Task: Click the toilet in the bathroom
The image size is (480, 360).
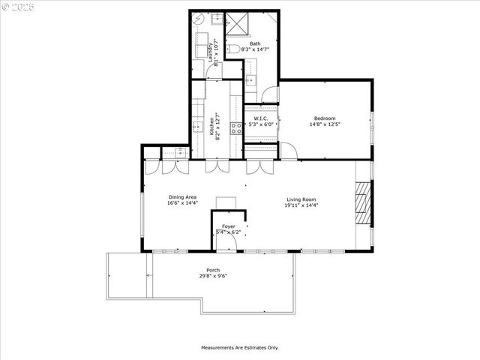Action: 235,49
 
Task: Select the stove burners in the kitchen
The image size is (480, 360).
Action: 236,127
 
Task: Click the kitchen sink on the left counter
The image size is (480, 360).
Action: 197,127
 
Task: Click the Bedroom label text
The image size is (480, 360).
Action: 325,118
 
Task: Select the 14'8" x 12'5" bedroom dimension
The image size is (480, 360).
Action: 325,124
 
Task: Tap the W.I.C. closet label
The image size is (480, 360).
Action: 260,118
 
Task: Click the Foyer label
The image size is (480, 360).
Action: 228,226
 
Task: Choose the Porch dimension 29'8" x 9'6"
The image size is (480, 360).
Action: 214,276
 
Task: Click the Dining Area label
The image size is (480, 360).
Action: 182,197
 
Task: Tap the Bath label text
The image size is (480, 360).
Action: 255,43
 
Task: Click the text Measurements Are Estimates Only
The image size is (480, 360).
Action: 239,347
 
